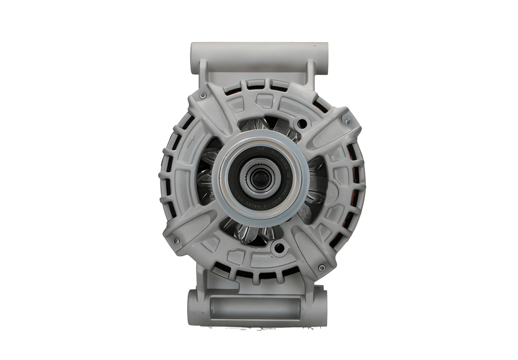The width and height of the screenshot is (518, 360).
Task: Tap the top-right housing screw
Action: [347, 122]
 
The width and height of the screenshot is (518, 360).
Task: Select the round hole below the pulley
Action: [279, 247]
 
